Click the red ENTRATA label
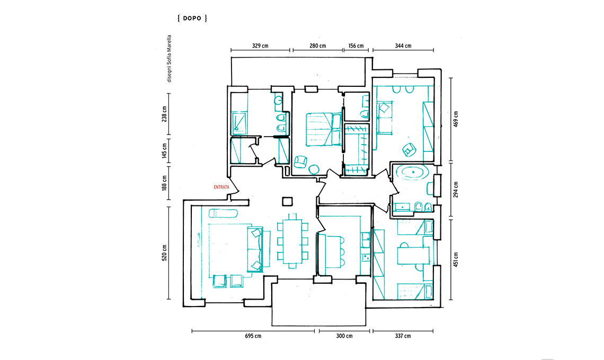pos(221,187)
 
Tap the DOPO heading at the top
pos(192,18)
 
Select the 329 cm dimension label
pos(260,46)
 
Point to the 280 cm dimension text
pos(318,46)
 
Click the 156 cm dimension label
pos(356,46)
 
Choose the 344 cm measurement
pos(403,46)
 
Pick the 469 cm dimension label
pos(456,119)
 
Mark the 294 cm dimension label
pos(456,190)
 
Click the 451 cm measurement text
pos(456,260)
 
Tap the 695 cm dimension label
pos(253,336)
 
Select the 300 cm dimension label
pos(344,336)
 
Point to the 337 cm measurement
pos(403,336)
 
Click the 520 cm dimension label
pos(164,253)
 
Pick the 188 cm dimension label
pos(164,183)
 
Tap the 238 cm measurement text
pos(164,114)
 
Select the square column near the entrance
pos(287,201)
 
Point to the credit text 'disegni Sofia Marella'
pos(169,59)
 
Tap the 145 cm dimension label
pos(164,151)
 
